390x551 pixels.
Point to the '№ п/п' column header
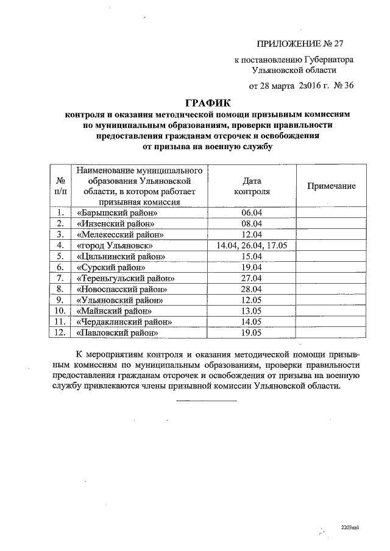[x=60, y=186]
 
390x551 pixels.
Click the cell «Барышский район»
[x=118, y=213]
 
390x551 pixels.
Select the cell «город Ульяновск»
[x=115, y=245]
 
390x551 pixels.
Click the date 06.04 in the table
[x=251, y=213]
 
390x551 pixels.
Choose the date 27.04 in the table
[x=251, y=278]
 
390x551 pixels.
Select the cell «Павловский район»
[x=118, y=333]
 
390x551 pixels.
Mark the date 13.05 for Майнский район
[x=251, y=311]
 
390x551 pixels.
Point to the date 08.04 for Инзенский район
[x=251, y=224]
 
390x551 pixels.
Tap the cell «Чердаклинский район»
[x=124, y=322]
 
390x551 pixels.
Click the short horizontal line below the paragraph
[x=206, y=401]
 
